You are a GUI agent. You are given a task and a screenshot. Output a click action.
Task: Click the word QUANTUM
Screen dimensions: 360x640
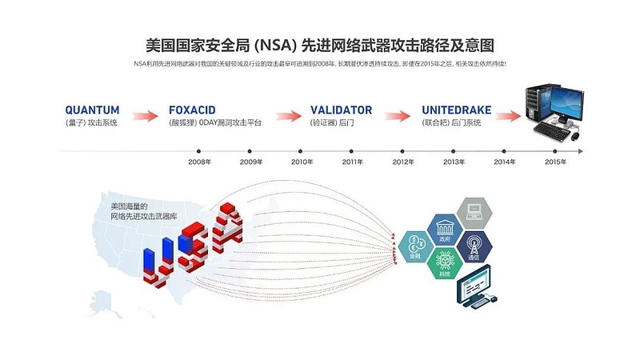(92, 110)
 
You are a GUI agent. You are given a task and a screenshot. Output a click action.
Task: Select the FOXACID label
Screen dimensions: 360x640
(193, 110)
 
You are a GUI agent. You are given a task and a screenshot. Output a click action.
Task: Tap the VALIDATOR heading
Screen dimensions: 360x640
(341, 110)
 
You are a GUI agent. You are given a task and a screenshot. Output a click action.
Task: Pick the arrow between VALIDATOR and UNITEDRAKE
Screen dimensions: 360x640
(398, 116)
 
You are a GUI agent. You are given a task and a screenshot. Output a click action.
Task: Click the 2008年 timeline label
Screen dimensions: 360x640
(199, 162)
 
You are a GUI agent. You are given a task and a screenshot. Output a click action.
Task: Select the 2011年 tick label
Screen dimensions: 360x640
(353, 162)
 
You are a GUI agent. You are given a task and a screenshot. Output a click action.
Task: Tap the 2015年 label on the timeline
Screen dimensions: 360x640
(555, 162)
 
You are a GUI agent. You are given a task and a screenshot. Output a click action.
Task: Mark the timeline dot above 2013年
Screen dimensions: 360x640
(454, 150)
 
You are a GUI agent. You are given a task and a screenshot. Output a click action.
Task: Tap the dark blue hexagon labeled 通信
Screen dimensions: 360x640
(474, 246)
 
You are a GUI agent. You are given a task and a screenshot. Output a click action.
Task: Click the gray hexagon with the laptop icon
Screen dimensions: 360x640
(474, 213)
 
